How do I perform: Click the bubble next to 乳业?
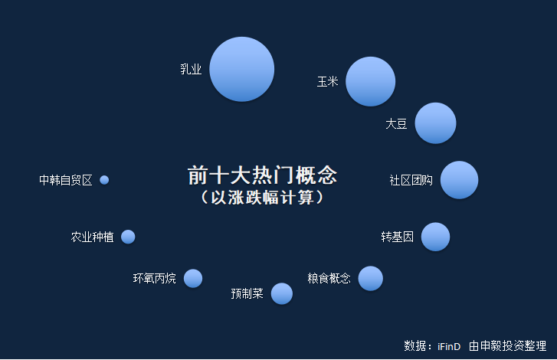pyautogui.click(x=242, y=69)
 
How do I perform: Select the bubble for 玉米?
pyautogui.click(x=371, y=81)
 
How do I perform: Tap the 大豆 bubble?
pyautogui.click(x=435, y=123)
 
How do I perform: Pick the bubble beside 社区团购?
pyautogui.click(x=459, y=180)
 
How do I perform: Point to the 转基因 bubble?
pyautogui.click(x=435, y=237)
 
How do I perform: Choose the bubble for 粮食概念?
pyautogui.click(x=371, y=278)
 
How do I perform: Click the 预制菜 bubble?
pyautogui.click(x=282, y=293)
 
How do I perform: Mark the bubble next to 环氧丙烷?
pyautogui.click(x=193, y=278)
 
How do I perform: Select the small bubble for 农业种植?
pyautogui.click(x=128, y=237)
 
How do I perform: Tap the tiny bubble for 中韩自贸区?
pyautogui.click(x=104, y=180)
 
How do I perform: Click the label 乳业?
pyautogui.click(x=191, y=69)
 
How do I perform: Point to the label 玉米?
pyautogui.click(x=327, y=82)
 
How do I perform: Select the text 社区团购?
pyautogui.click(x=411, y=180)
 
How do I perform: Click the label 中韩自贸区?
pyautogui.click(x=66, y=180)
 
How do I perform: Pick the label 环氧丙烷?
pyautogui.click(x=155, y=278)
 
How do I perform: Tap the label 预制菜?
pyautogui.click(x=247, y=293)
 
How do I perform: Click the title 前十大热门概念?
pyautogui.click(x=262, y=175)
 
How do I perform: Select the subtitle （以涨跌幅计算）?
pyautogui.click(x=262, y=198)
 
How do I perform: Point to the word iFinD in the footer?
pyautogui.click(x=449, y=346)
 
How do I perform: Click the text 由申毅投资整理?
pyautogui.click(x=508, y=345)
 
